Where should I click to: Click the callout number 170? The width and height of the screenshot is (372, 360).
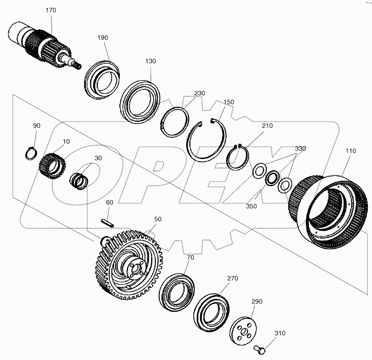(51, 10)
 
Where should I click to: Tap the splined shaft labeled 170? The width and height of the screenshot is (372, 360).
(43, 44)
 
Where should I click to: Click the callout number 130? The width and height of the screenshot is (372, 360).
(150, 61)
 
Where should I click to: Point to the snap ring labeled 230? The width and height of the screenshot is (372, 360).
(174, 121)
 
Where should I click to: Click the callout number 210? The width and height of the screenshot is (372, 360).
(267, 126)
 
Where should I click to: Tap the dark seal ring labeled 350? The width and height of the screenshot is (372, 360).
(273, 178)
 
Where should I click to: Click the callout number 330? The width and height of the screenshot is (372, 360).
(300, 149)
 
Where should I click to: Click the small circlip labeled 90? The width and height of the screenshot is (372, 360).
(31, 153)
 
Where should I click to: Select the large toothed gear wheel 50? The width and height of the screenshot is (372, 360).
(129, 265)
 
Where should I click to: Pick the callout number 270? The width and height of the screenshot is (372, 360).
(233, 278)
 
